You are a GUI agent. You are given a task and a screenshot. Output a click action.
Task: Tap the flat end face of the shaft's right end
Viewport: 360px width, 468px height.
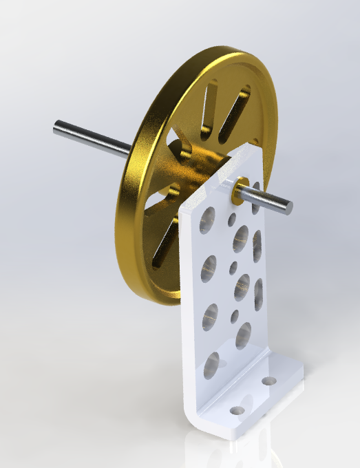[x=288, y=206]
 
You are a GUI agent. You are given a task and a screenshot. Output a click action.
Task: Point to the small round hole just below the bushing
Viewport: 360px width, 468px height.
[x=233, y=219]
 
